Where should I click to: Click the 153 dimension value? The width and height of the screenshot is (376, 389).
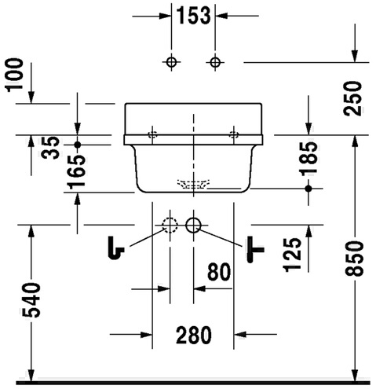click(x=193, y=16)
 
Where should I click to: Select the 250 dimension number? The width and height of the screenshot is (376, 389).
click(x=352, y=98)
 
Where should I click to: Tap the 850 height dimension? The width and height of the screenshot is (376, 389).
click(x=354, y=259)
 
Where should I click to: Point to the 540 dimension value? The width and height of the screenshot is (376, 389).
click(x=31, y=300)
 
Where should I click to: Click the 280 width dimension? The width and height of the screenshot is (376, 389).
click(x=194, y=335)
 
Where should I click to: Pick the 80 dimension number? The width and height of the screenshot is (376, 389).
click(x=219, y=272)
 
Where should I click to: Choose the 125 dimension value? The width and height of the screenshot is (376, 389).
click(x=292, y=255)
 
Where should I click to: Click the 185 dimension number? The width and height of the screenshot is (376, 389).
click(x=308, y=159)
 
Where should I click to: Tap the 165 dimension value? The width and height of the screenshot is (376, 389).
click(x=76, y=171)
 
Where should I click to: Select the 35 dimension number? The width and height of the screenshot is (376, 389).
click(x=50, y=148)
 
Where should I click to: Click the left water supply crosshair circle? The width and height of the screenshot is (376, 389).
click(x=171, y=62)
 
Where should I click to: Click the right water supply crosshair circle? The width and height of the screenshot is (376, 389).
click(x=215, y=62)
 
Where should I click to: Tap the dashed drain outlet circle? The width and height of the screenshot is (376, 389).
click(x=170, y=225)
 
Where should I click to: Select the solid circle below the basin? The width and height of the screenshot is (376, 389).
click(x=193, y=225)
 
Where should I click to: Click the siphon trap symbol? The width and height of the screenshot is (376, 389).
click(x=116, y=248)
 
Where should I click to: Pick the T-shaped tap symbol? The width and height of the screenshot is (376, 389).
click(x=255, y=249)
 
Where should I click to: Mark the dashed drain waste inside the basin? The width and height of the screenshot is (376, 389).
click(x=193, y=184)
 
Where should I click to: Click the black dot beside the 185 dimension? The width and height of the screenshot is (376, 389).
click(x=308, y=188)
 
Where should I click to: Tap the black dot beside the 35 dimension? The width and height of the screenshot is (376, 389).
click(x=78, y=145)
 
